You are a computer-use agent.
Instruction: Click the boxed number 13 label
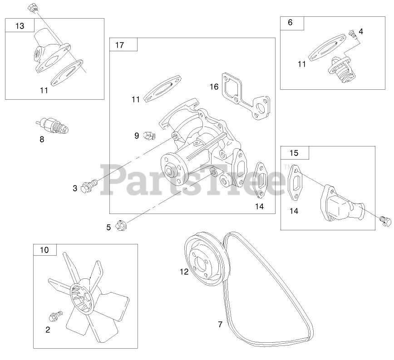[x=20, y=26]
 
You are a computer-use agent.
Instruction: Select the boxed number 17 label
[x=119, y=45]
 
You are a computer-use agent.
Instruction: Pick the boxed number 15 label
[x=294, y=153]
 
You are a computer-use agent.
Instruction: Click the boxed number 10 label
[x=44, y=250]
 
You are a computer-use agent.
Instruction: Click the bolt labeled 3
[x=88, y=185]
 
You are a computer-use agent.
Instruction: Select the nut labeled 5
[x=122, y=224]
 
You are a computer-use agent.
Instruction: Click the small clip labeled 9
[x=148, y=135]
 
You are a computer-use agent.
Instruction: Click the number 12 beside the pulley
[x=183, y=272]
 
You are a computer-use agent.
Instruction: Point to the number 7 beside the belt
[x=220, y=324]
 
